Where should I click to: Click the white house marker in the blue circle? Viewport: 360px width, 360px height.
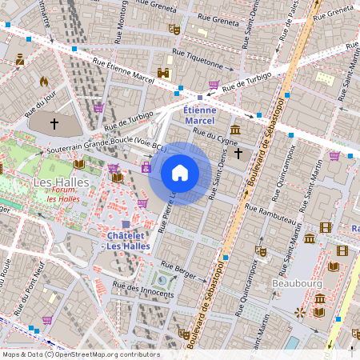coord(180,173)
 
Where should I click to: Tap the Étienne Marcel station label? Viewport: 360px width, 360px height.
coord(199,115)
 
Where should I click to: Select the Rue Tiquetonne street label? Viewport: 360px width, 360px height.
coord(199,59)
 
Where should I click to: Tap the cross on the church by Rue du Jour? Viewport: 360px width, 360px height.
coord(54,124)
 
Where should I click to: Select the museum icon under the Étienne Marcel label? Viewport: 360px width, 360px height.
coord(235,130)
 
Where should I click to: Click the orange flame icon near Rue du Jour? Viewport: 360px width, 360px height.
coord(43,82)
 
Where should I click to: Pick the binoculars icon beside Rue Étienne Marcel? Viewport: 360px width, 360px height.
coord(164,73)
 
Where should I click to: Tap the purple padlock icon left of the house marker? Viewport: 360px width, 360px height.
coord(146,167)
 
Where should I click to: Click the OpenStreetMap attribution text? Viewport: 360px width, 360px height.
coord(80,354)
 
